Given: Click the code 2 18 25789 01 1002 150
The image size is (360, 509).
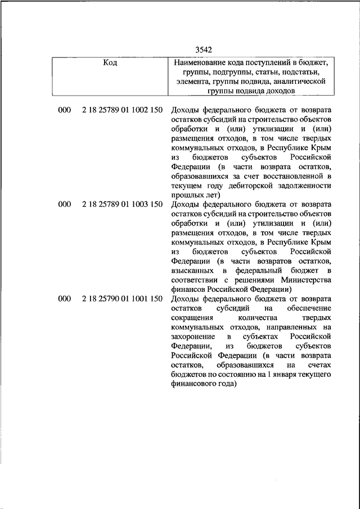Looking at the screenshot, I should [122, 110].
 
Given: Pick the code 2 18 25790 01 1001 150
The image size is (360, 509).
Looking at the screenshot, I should [122, 299].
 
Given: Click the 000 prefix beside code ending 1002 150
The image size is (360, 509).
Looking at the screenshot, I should [64, 110].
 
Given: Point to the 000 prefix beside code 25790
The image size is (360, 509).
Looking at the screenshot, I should [64, 299].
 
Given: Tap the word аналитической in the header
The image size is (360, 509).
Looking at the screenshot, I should [301, 81].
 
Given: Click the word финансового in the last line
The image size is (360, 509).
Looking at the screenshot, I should [193, 384].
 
